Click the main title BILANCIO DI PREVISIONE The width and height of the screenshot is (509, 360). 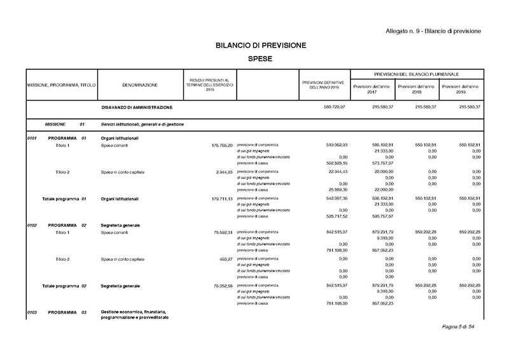pyautogui.click(x=254, y=45)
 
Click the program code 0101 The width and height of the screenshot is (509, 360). pyautogui.click(x=32, y=139)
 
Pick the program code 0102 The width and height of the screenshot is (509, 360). pyautogui.click(x=32, y=226)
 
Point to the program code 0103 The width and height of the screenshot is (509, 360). pyautogui.click(x=32, y=312)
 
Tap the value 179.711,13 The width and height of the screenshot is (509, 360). pyautogui.click(x=220, y=198)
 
